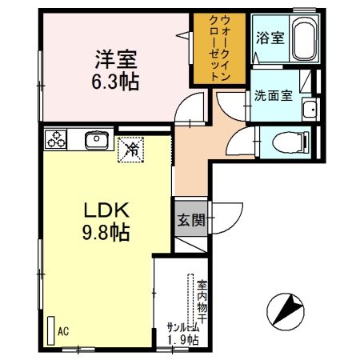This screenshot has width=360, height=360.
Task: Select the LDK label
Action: tap(102, 212)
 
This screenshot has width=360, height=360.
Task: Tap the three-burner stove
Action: tap(58, 140)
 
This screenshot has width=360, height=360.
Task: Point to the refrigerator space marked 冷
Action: tap(130, 148)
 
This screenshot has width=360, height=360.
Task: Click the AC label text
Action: tap(64, 331)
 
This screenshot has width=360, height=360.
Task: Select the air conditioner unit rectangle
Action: tap(50, 329)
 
